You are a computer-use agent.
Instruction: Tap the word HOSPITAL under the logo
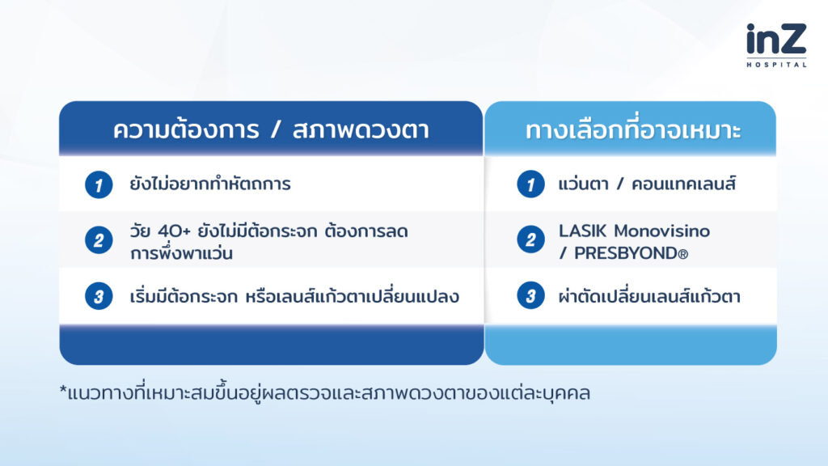(776, 65)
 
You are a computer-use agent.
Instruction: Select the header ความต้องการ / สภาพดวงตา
(271, 130)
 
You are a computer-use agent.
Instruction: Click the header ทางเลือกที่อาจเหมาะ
(632, 130)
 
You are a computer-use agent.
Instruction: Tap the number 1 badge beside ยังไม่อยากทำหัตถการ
(99, 185)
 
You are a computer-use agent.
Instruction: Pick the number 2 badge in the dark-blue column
(99, 240)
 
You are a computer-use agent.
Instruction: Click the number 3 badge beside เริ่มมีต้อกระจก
(99, 296)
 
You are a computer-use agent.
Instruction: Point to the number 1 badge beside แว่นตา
(530, 184)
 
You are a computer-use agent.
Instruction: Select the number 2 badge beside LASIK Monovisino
(530, 239)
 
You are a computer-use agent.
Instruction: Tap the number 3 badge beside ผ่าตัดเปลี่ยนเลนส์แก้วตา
(530, 296)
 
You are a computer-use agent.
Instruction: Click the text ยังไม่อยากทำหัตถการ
(210, 184)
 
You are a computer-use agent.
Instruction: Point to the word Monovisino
(661, 231)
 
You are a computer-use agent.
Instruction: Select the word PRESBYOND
(625, 253)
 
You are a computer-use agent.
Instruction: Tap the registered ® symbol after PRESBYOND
(682, 255)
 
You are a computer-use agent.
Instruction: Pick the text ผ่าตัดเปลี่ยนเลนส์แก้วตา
(649, 295)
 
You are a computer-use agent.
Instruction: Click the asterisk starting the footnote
(63, 391)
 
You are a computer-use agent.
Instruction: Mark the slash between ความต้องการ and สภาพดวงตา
(275, 130)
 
